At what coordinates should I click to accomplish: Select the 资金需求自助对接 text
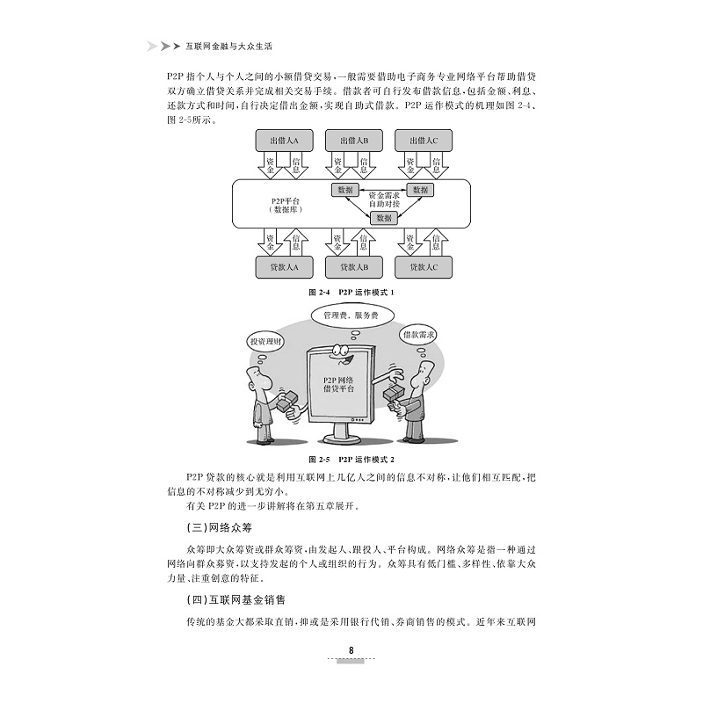coord(383,199)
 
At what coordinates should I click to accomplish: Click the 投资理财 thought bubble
coord(265,341)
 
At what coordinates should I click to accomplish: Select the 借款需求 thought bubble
coord(419,335)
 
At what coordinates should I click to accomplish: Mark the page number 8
coord(351,650)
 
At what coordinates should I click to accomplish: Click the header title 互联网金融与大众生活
coord(224,46)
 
